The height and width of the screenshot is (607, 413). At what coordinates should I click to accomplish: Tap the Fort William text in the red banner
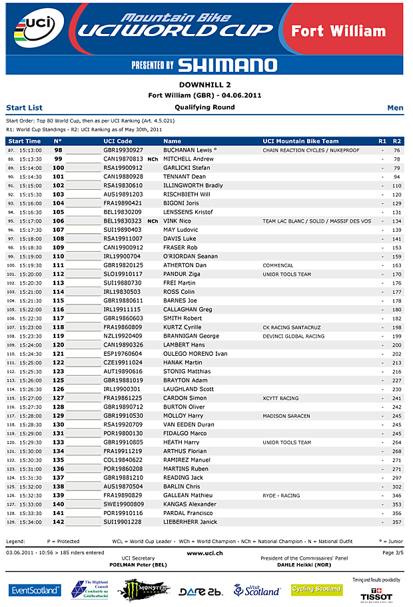pos(338,31)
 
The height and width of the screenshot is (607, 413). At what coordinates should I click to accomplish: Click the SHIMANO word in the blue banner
pos(227,65)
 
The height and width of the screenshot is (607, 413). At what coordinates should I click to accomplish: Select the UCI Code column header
pos(118,141)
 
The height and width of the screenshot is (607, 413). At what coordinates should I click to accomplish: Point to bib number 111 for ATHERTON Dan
pos(59,265)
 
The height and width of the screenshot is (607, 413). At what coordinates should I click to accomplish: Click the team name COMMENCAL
pos(278,265)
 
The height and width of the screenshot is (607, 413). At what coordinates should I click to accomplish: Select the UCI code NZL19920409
pos(123,336)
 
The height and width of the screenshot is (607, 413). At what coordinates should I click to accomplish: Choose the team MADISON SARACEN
pos(286,416)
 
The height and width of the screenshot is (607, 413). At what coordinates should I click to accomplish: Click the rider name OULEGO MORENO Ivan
pos(195,354)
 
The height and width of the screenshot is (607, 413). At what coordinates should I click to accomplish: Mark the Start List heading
pos(24,108)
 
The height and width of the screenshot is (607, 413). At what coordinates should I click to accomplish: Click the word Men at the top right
pos(395,108)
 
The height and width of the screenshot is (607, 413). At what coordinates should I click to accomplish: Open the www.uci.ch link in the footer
pos(205,553)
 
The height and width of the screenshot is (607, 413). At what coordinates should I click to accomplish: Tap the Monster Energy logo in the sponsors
pos(143,590)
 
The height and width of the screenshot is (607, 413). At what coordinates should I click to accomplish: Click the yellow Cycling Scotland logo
pos(316,589)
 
